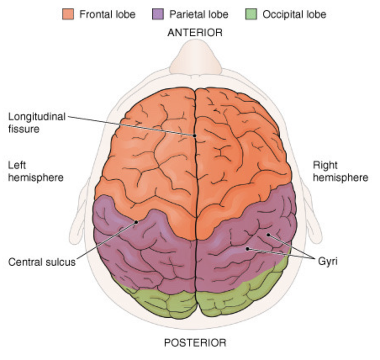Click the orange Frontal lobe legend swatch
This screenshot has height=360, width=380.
pos(68,14)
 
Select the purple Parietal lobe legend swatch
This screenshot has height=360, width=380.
pos(157,14)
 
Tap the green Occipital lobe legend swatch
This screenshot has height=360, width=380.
pos(251,14)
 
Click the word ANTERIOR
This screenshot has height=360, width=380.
pos(195,33)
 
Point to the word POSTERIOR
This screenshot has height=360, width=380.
pos(195,343)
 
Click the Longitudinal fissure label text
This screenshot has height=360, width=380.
pos(37,122)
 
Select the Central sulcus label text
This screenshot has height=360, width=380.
pos(42,262)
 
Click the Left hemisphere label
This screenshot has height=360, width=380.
pos(36,171)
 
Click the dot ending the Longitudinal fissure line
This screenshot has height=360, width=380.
pos(195,135)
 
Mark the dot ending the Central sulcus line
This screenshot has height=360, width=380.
pos(136,222)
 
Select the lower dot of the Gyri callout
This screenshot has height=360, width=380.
pos(248,249)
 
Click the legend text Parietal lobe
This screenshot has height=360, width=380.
pos(198,14)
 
